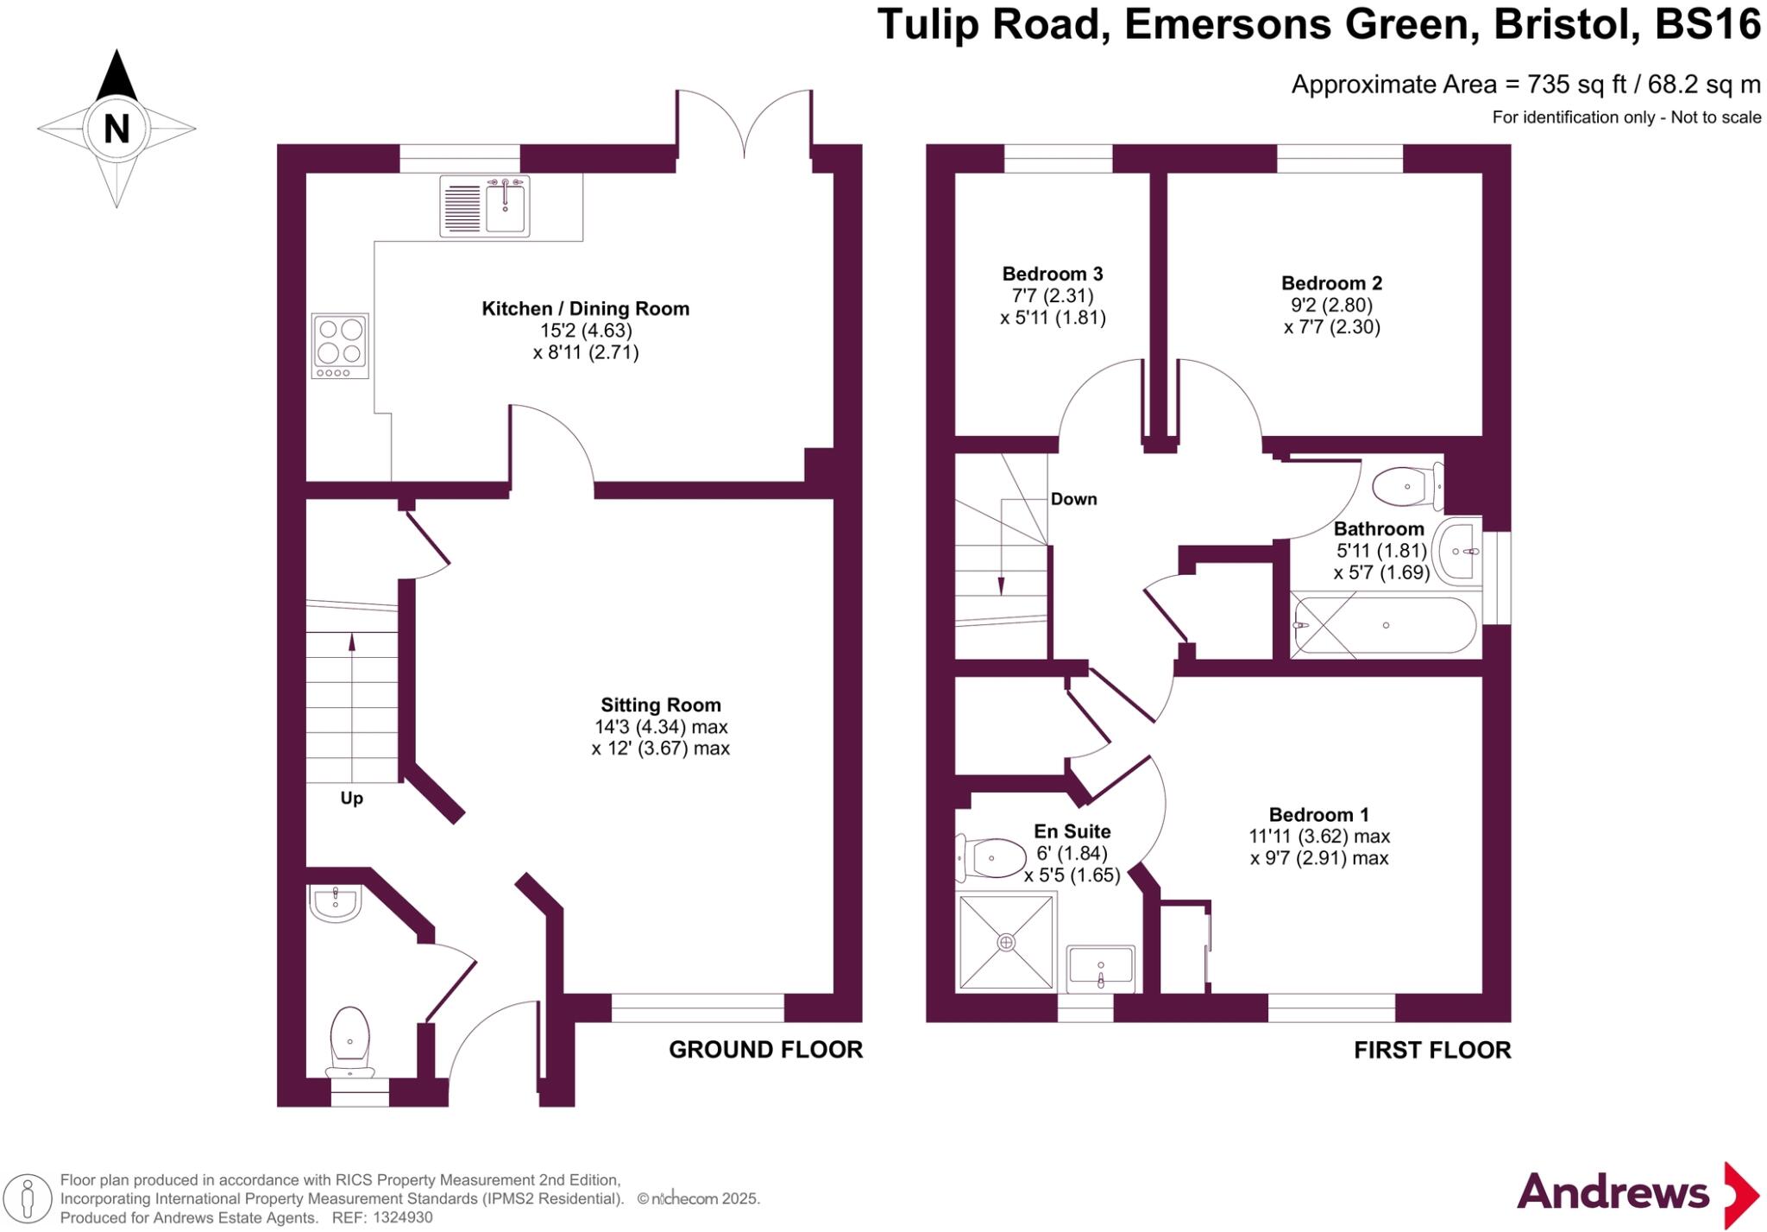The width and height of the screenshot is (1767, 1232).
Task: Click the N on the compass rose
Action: [116, 129]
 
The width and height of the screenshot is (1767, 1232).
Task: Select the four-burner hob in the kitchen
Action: [340, 344]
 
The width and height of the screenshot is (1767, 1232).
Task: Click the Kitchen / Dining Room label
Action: [585, 308]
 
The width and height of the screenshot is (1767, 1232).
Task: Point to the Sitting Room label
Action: [660, 704]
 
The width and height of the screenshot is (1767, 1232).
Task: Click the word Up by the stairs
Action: [351, 798]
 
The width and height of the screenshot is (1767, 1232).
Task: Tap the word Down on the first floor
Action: [1073, 499]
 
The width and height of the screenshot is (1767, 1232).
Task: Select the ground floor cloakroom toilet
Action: [349, 1039]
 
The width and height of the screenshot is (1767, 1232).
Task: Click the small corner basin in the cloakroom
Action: [335, 903]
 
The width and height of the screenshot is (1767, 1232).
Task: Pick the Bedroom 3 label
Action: [1052, 274]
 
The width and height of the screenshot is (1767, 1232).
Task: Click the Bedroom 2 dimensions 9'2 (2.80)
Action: [1331, 305]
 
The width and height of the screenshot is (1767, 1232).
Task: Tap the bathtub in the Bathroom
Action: [1385, 625]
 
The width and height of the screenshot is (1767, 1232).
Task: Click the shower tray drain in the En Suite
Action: [1006, 942]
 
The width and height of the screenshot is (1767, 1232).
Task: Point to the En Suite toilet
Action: [988, 858]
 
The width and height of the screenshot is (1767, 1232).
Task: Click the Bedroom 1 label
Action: [1318, 814]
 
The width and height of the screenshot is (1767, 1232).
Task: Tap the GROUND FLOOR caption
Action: [765, 1050]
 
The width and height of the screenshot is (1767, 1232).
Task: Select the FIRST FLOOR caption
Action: [1431, 1050]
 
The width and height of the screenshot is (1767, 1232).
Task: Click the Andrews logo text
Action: [1612, 1192]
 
